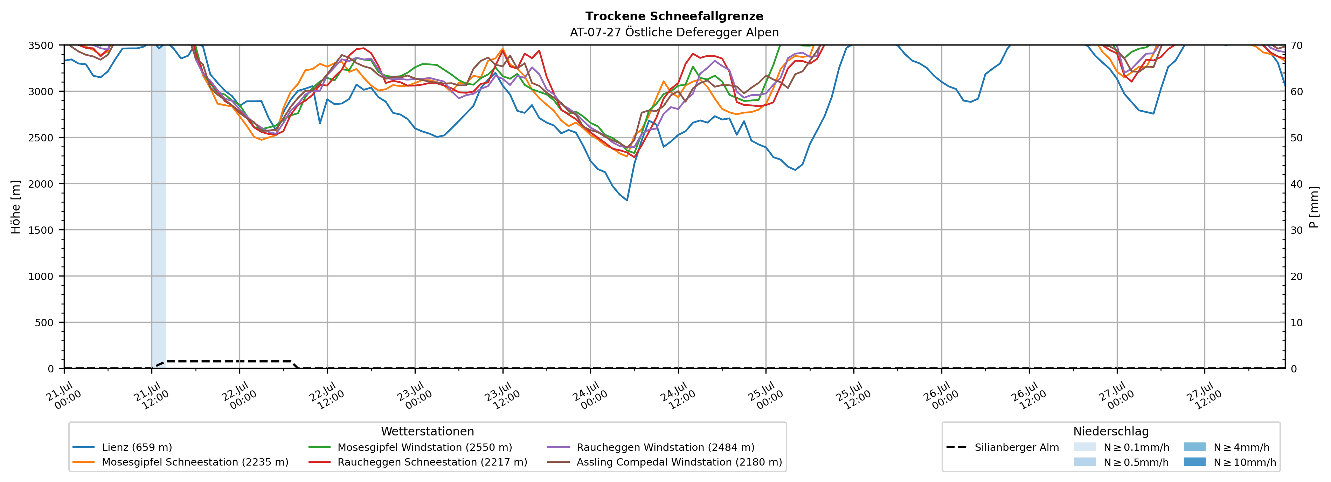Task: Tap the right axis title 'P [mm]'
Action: (x=1314, y=207)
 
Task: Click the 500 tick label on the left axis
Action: (x=44, y=322)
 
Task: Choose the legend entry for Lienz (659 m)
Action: (x=123, y=447)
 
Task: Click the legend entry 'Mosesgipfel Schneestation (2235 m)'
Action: (x=181, y=462)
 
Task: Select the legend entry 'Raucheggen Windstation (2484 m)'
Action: (x=651, y=447)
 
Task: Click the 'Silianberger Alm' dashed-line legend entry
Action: (x=1003, y=447)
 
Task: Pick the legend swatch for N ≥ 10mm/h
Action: (x=1194, y=462)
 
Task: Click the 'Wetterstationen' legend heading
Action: (x=427, y=431)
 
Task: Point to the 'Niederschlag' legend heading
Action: (x=1111, y=431)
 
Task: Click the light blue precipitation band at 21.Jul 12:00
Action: (x=159, y=207)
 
